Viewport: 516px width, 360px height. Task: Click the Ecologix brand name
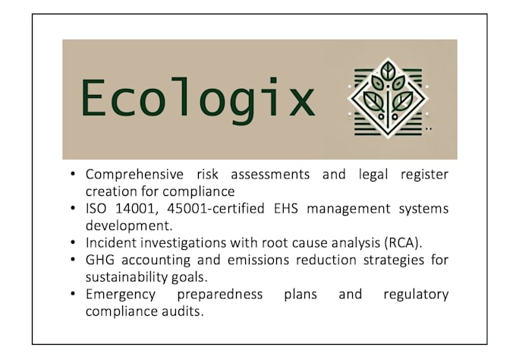(x=197, y=99)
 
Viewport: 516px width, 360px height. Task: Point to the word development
(x=124, y=226)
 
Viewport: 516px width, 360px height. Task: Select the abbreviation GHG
(x=99, y=260)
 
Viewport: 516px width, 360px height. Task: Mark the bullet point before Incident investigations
(x=73, y=243)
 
